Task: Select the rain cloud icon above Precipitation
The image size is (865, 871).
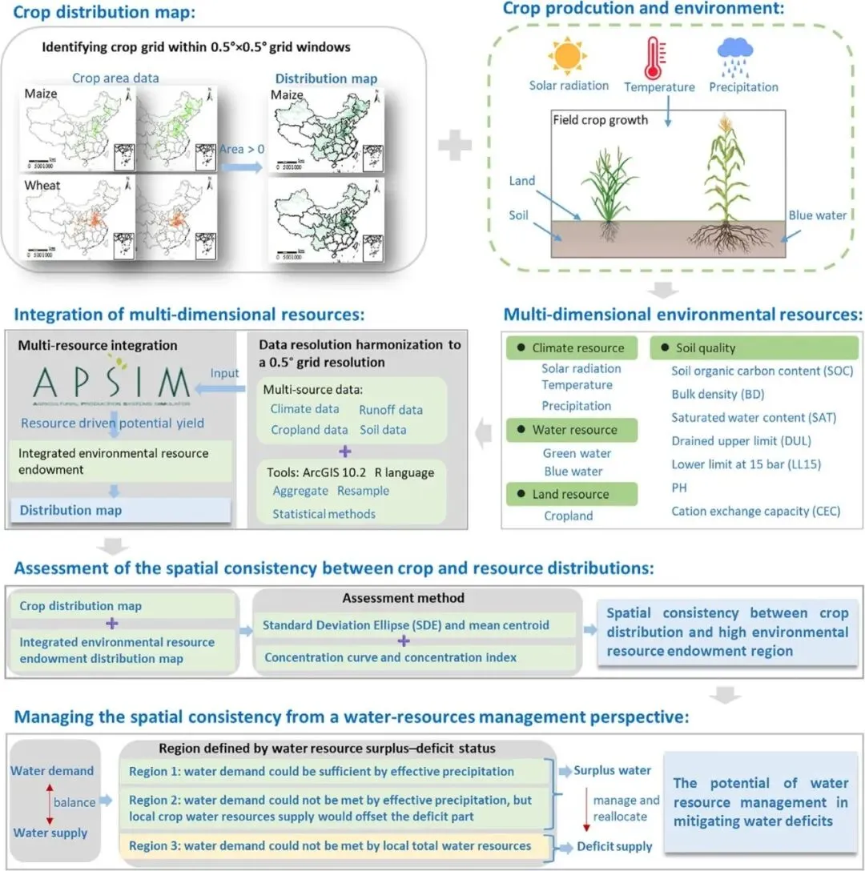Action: [x=733, y=55]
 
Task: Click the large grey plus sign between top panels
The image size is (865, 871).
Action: [x=454, y=146]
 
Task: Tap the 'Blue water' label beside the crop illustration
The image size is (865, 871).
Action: [x=817, y=215]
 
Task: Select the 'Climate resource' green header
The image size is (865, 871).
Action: [x=573, y=348]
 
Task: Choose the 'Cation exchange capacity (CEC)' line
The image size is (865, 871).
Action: [x=755, y=511]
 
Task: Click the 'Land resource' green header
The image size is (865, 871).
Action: [x=573, y=494]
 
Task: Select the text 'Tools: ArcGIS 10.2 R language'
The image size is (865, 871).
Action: [x=349, y=472]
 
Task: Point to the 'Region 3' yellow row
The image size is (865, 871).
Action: [x=332, y=845]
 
